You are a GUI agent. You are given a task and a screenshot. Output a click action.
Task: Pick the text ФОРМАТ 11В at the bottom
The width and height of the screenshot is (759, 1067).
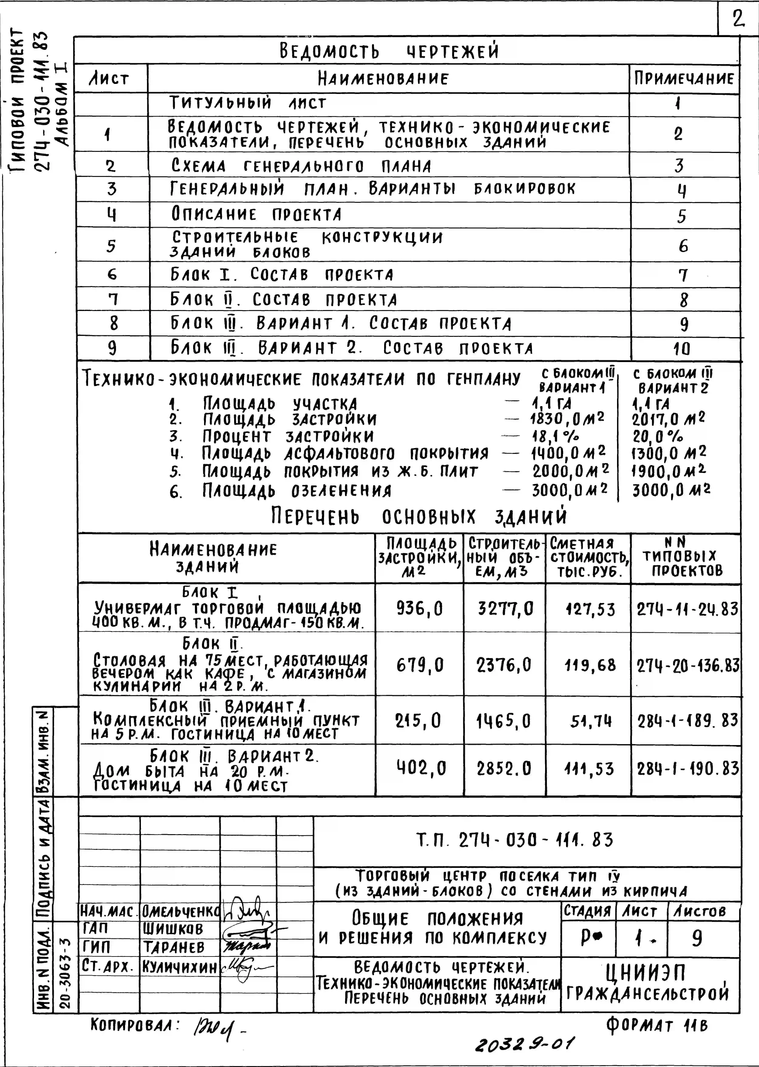[x=657, y=1025]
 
